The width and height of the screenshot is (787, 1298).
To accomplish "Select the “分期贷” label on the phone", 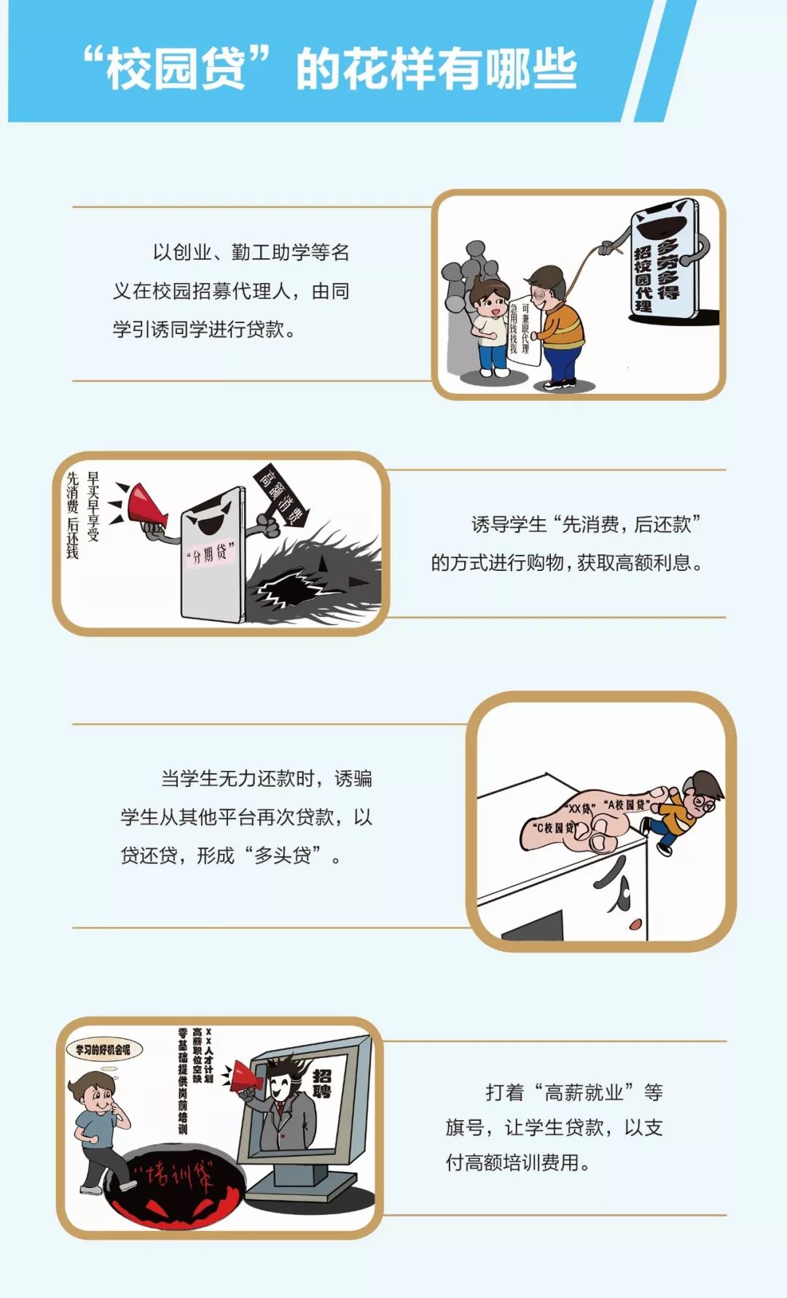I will click(x=211, y=554).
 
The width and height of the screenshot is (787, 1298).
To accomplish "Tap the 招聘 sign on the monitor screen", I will click(x=321, y=1084).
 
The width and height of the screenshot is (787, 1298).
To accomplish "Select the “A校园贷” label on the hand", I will click(x=627, y=804).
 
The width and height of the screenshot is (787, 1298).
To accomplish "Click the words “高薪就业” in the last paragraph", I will click(x=583, y=1092).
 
